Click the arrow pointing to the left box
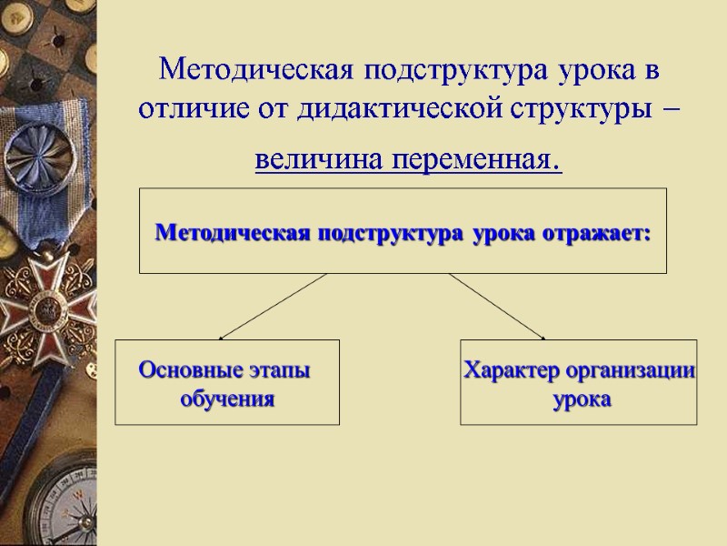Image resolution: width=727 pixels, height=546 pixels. coord(273,306)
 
